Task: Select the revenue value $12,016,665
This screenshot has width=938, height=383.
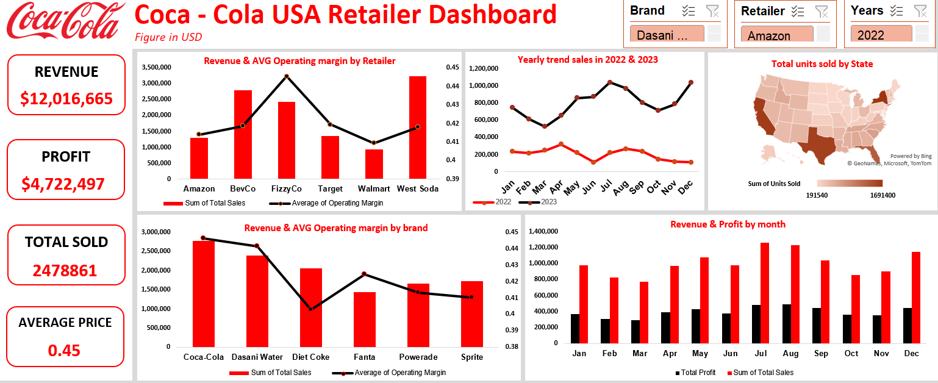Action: pos(66,98)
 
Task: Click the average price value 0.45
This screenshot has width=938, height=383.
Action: pos(64,350)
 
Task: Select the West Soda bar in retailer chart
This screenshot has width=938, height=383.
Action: pos(418,127)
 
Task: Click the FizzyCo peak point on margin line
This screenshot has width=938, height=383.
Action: pos(286,76)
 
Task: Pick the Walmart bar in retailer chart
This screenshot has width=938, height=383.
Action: pos(374,164)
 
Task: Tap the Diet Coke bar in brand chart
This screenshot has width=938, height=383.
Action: pos(311,307)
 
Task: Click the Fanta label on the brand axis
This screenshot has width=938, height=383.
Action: pos(364,357)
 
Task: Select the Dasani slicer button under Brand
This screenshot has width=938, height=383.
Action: pos(667,35)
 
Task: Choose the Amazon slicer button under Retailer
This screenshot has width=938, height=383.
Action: pos(776,35)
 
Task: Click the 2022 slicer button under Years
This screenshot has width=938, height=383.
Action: pos(881,35)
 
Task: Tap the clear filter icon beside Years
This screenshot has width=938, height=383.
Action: pos(920,10)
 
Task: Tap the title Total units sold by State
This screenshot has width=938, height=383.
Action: pos(822,64)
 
